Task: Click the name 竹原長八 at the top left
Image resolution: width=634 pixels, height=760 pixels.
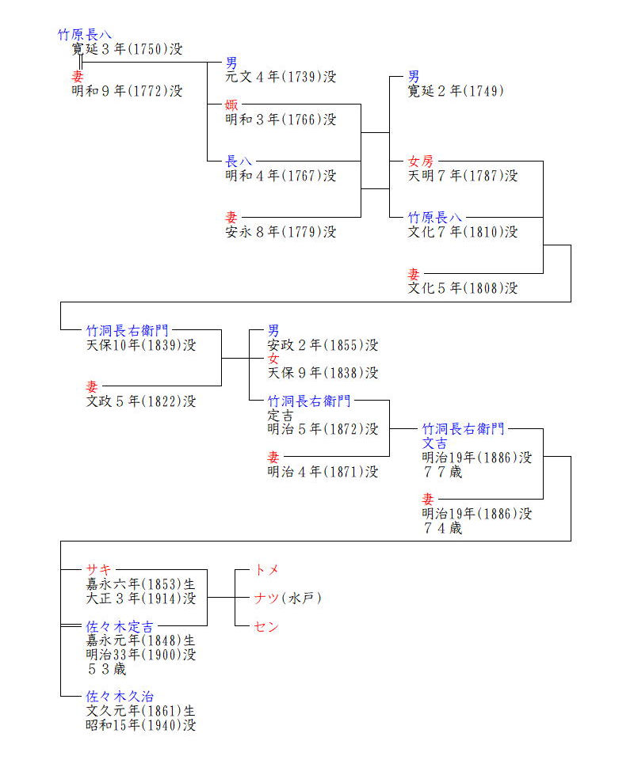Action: pyautogui.click(x=85, y=35)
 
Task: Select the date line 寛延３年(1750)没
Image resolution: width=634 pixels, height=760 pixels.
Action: pyautogui.click(x=127, y=49)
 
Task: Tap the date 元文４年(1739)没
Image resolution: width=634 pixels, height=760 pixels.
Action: pyautogui.click(x=281, y=77)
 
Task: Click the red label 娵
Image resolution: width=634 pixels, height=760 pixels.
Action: pyautogui.click(x=231, y=105)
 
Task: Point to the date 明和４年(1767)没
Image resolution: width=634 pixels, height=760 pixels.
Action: pyautogui.click(x=281, y=176)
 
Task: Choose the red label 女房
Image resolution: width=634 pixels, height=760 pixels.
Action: pyautogui.click(x=421, y=161)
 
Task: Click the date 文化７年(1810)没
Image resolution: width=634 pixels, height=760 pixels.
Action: pyautogui.click(x=463, y=232)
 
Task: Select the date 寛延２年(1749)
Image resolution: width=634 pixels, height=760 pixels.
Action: pyautogui.click(x=456, y=91)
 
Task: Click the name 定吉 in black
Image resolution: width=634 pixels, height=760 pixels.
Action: pyautogui.click(x=281, y=415)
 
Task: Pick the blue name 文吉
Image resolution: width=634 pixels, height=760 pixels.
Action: pyautogui.click(x=434, y=443)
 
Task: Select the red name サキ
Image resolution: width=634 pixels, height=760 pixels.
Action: pyautogui.click(x=99, y=570)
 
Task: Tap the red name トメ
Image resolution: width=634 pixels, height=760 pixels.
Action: pyautogui.click(x=267, y=570)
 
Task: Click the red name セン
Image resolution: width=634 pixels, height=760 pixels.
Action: pyautogui.click(x=267, y=626)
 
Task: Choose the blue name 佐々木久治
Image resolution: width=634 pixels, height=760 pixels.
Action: pyautogui.click(x=120, y=697)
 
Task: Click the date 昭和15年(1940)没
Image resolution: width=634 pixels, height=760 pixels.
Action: pyautogui.click(x=141, y=725)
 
